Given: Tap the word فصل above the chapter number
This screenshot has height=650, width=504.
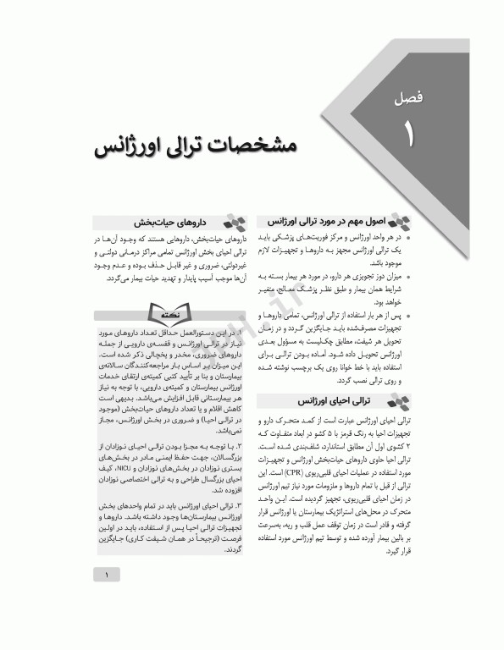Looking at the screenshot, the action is coord(412,102).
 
